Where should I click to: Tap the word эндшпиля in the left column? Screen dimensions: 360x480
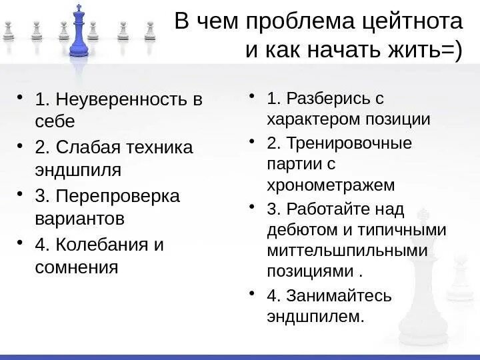77,169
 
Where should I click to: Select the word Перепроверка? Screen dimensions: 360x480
119,196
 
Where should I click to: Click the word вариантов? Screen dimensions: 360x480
80,219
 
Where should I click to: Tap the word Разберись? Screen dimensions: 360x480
327,99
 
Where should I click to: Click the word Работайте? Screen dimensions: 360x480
327,209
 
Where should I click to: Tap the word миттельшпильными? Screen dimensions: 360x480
346,251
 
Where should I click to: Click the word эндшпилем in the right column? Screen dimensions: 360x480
315,316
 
